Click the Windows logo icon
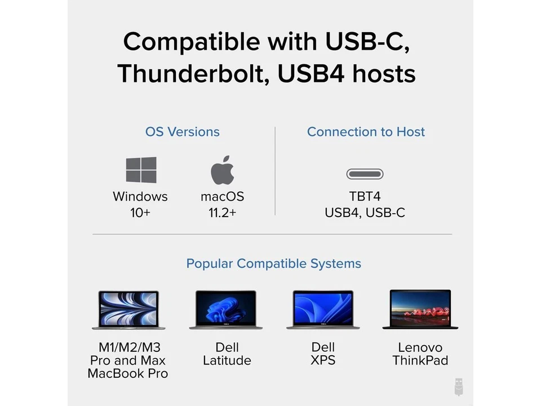pyautogui.click(x=141, y=170)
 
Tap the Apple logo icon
pyautogui.click(x=222, y=170)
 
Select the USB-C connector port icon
pyautogui.click(x=365, y=174)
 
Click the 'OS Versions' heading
pyautogui.click(x=183, y=132)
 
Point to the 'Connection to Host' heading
pyautogui.click(x=366, y=132)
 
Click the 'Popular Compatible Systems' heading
pyautogui.click(x=273, y=263)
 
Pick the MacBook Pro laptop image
pyautogui.click(x=128, y=310)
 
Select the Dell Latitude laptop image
pyautogui.click(x=226, y=310)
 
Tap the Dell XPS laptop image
pyautogui.click(x=323, y=310)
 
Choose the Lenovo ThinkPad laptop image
pyautogui.click(x=420, y=310)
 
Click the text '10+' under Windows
pyautogui.click(x=140, y=213)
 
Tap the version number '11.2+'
pyautogui.click(x=222, y=213)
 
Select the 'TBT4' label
pyautogui.click(x=365, y=197)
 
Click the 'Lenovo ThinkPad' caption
pyautogui.click(x=420, y=354)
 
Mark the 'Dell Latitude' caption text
pyautogui.click(x=227, y=354)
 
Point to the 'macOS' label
pyautogui.click(x=222, y=197)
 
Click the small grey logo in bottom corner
pyautogui.click(x=459, y=386)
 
